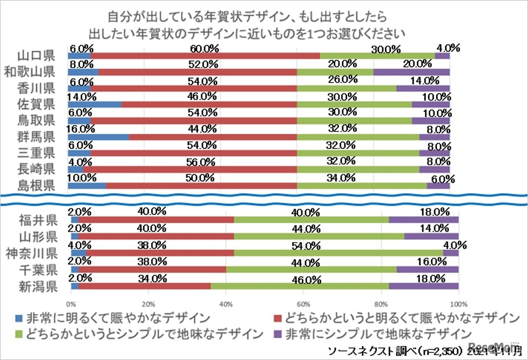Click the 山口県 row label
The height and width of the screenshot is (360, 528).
pyautogui.click(x=35, y=56)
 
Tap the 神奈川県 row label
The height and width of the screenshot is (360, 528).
pyautogui.click(x=31, y=253)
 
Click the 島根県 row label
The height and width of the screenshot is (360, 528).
pyautogui.click(x=35, y=186)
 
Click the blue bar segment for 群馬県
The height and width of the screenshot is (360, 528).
pyautogui.click(x=98, y=137)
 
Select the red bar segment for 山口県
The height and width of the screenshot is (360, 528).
pyautogui.click(x=205, y=56)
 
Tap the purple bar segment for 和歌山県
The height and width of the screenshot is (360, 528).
pyautogui.click(x=411, y=72)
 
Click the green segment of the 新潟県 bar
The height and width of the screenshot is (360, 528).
pyautogui.click(x=300, y=286)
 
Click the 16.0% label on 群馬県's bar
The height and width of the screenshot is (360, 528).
pyautogui.click(x=80, y=130)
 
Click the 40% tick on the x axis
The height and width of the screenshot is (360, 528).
pyautogui.click(x=226, y=303)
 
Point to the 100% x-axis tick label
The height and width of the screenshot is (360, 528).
pyautogui.click(x=458, y=303)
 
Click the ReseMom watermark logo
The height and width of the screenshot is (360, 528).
pyautogui.click(x=494, y=348)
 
